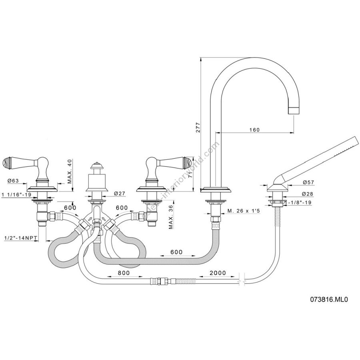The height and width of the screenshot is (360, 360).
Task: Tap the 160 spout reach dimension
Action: [254, 130]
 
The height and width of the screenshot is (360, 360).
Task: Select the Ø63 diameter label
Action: [13, 181]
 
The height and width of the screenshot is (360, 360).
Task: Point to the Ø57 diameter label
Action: [308, 182]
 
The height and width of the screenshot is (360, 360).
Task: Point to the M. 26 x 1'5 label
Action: [244, 210]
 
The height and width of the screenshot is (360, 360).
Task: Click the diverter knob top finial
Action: [95, 164]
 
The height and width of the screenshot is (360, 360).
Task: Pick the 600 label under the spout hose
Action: [176, 252]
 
